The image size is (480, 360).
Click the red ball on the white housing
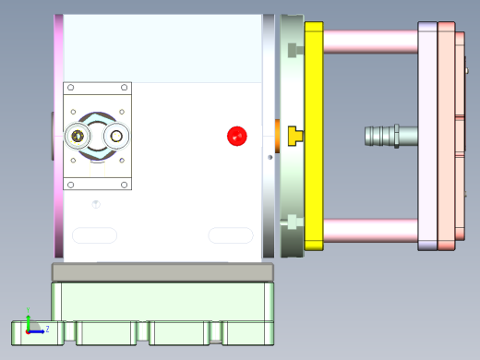coord(237,137)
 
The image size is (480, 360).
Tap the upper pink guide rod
coord(369,41)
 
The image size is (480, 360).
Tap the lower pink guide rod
coord(369,231)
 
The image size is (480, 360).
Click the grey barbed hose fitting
coord(390,136)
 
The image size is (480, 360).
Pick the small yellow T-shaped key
coord(295,136)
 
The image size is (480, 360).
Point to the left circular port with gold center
coord(78,137)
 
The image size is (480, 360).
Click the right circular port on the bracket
coord(116,137)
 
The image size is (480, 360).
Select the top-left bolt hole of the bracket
coord(71,89)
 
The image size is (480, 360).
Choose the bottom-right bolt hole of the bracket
coord(123,184)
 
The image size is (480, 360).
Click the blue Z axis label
coord(46,328)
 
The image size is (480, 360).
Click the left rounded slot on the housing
coord(94,235)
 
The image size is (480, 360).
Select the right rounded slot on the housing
coord(230,235)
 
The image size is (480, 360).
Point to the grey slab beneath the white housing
coord(163,272)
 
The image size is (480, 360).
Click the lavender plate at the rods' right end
coord(427,137)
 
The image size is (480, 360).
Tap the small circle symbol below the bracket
coord(96,203)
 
